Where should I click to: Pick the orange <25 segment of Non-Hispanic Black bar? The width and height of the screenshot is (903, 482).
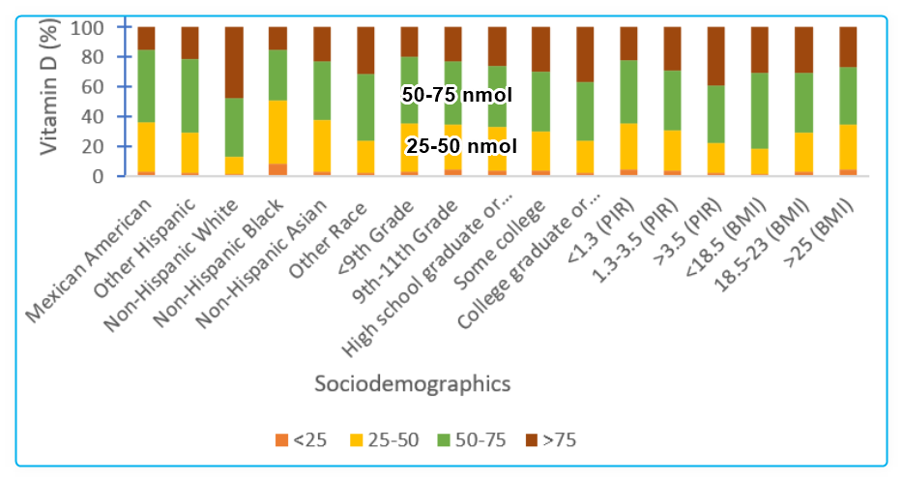coord(277,170)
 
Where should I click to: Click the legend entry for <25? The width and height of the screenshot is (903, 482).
coord(302,440)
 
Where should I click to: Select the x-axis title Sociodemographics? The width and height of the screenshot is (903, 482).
coord(413,384)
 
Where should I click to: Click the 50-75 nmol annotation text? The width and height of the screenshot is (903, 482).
coord(457,95)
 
